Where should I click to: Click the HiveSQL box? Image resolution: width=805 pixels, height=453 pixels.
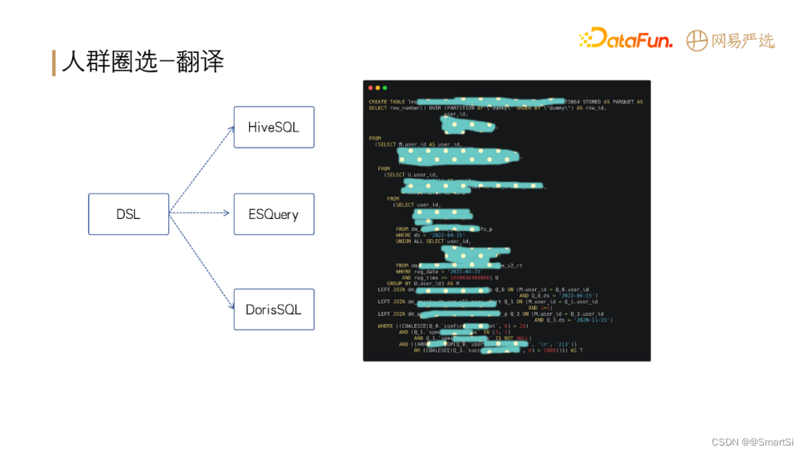click(274, 127)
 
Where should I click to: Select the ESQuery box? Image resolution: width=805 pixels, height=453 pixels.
click(274, 215)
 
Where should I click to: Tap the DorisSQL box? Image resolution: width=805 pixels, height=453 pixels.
click(274, 309)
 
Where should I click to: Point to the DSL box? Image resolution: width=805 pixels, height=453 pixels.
click(128, 215)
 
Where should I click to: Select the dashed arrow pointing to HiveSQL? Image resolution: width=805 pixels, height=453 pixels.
click(201, 170)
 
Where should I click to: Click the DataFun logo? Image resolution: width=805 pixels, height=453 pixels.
click(625, 39)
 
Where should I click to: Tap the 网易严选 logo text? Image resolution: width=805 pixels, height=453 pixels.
click(742, 40)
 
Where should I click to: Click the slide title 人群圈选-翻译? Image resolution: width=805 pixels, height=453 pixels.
click(142, 63)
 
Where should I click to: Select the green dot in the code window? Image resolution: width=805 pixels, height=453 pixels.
click(385, 88)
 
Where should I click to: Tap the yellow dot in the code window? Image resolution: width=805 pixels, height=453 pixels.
click(378, 88)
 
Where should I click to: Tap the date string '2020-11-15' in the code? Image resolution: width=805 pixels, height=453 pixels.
click(593, 320)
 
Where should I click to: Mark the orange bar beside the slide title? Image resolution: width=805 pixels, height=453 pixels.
click(54, 63)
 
